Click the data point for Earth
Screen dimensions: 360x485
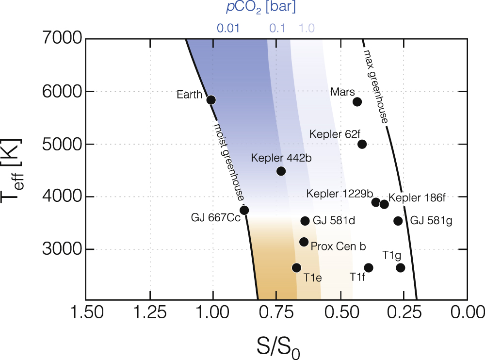pos(211,100)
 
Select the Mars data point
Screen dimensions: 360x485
pos(357,102)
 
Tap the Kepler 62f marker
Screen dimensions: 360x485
pos(362,144)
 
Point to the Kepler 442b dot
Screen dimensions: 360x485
pos(281,171)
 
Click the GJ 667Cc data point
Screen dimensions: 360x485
pos(244,210)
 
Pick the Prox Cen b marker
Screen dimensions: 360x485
pos(304,242)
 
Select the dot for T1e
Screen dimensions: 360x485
pos(296,268)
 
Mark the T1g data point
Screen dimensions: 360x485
pos(400,268)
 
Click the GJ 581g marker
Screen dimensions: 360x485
pos(398,221)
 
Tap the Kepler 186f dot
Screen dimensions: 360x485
pos(384,204)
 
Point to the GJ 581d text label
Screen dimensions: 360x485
pos(334,221)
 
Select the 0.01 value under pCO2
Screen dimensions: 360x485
pos(228,28)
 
